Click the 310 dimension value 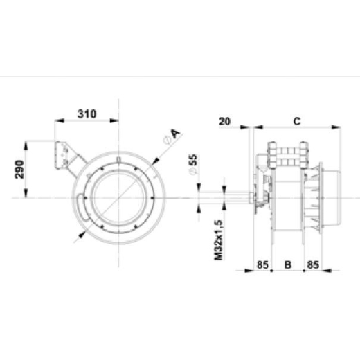coord(87,114)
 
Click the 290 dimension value coord(19,170)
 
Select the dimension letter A coord(175,134)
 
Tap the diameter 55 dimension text coord(193,164)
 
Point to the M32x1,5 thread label coord(219,240)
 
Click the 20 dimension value coord(224,121)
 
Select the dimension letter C coord(297,121)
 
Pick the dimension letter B coord(288,264)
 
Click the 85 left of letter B coord(262,264)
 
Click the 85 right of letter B coord(313,264)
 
